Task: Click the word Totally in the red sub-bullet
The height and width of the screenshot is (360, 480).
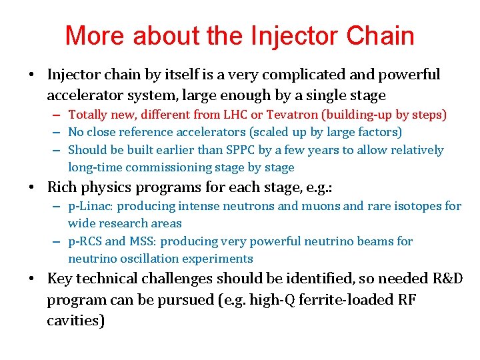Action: point(89,115)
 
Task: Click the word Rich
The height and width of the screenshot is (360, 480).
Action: point(62,188)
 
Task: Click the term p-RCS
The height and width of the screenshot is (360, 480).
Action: point(85,241)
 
